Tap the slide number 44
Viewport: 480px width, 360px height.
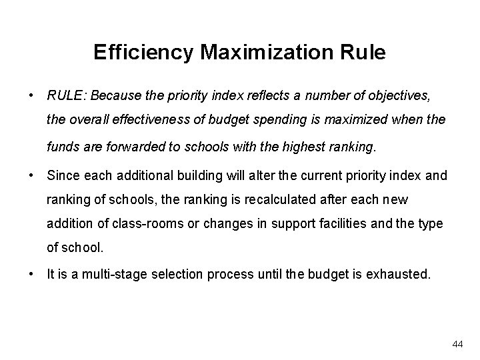(457, 344)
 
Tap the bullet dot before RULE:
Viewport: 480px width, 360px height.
(31, 95)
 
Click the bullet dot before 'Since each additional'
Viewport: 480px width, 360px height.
(31, 176)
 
